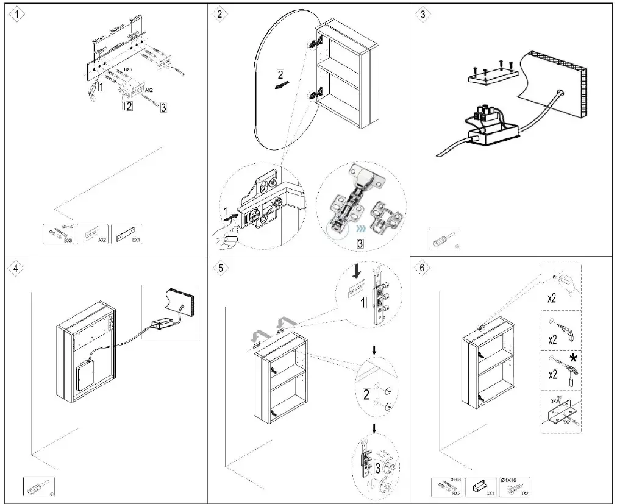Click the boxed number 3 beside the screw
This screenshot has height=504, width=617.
point(163,107)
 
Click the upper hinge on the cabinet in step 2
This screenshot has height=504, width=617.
point(316,43)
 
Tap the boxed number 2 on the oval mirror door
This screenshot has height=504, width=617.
point(280,76)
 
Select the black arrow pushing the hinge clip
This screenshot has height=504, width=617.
point(227,215)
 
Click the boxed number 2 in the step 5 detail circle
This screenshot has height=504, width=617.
point(366,394)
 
